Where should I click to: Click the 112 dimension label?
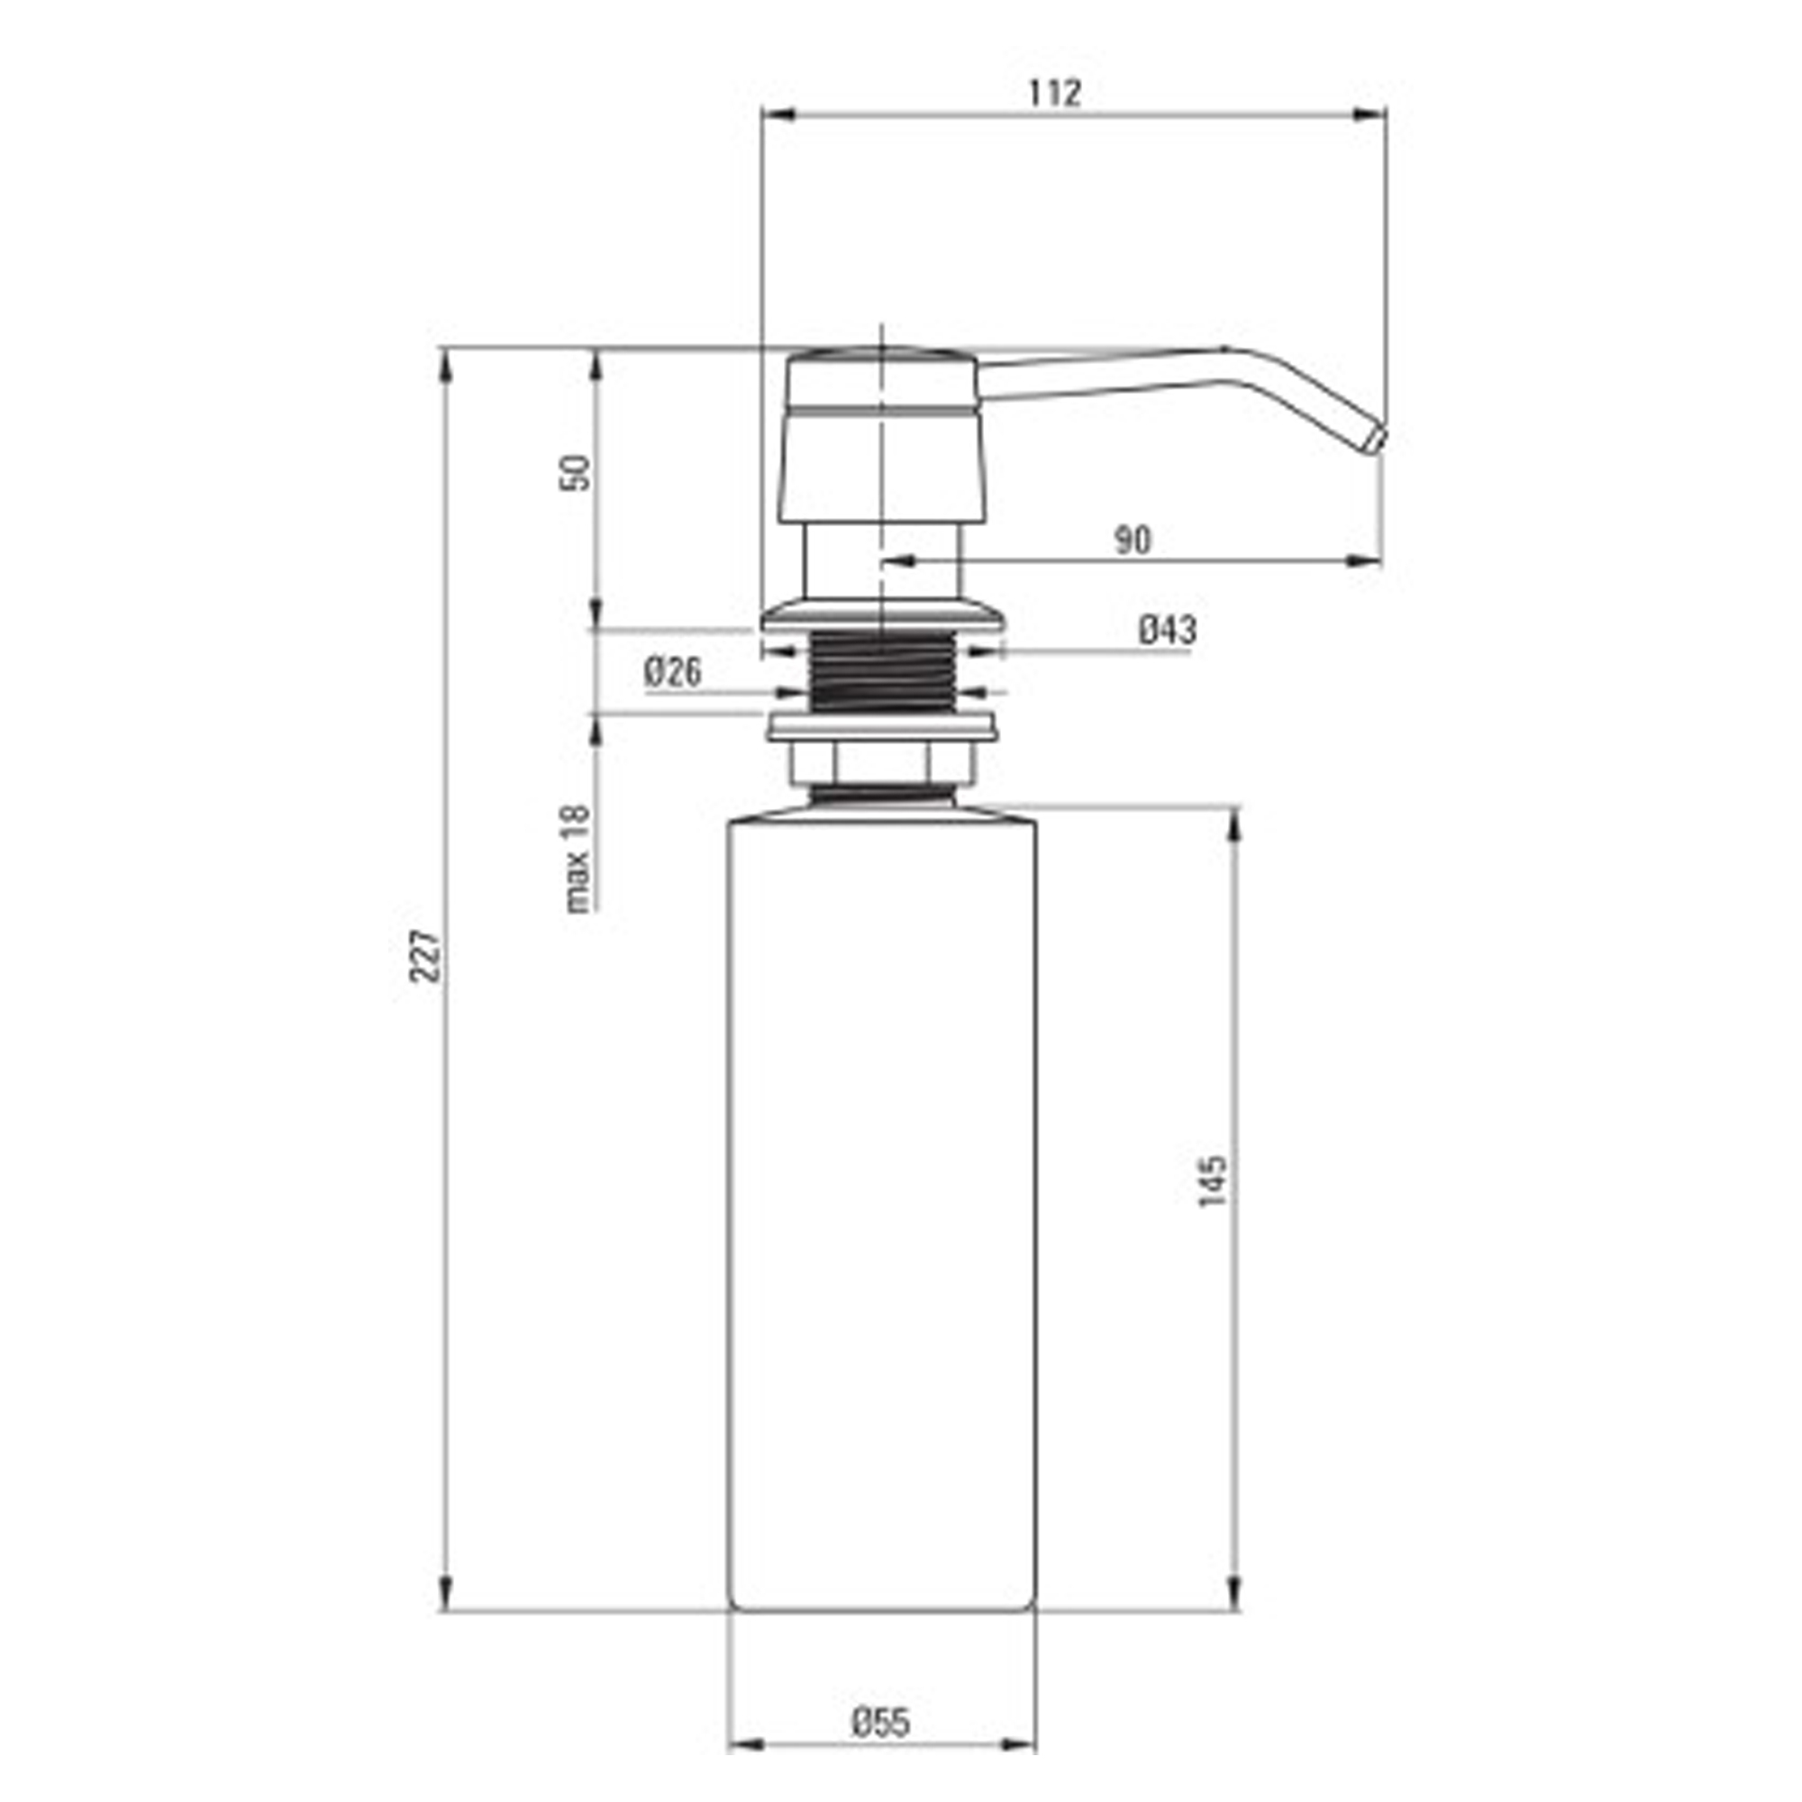(x=1055, y=94)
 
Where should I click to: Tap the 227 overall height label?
(x=425, y=955)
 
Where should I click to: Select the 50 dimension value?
(x=578, y=472)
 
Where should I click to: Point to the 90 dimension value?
(x=1133, y=540)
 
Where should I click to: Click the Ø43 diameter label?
(x=1167, y=630)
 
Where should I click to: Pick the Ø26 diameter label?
(x=672, y=671)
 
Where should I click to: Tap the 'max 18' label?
(x=578, y=858)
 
